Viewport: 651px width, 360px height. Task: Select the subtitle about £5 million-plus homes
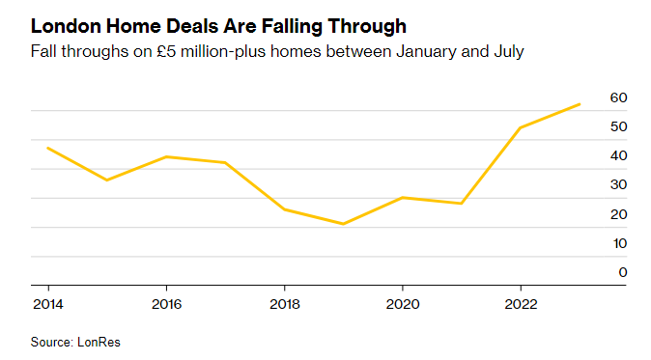(277, 51)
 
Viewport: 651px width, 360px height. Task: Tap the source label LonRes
(75, 342)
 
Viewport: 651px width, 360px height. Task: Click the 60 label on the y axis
(618, 97)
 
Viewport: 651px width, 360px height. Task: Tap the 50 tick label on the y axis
(618, 126)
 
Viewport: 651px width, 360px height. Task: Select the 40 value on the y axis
(618, 155)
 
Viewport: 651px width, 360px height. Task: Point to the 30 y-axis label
(618, 184)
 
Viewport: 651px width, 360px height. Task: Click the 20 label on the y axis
(618, 214)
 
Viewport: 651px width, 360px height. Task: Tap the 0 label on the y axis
(623, 272)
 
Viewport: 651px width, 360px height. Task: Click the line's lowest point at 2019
(343, 224)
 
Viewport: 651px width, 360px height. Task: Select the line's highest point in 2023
(580, 104)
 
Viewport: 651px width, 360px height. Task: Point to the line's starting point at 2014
(47, 148)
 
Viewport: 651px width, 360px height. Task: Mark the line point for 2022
(521, 127)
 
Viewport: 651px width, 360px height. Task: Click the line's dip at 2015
(106, 180)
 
